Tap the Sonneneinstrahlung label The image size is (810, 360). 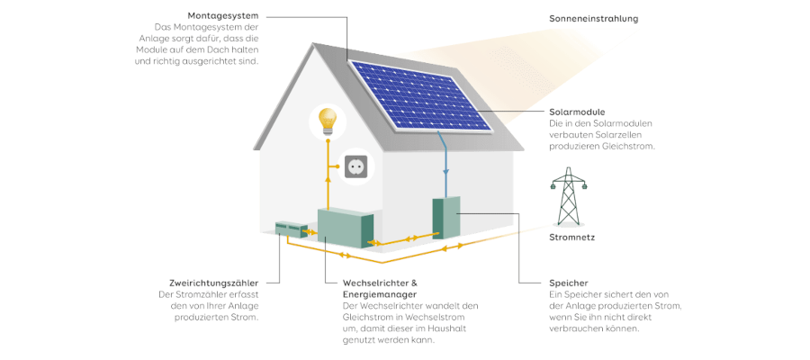point(594,19)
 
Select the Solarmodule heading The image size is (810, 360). point(576,112)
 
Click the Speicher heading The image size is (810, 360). point(569,283)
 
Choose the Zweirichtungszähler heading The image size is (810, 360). point(214,283)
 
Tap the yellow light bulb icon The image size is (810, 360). point(327,121)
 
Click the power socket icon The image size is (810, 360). point(355,166)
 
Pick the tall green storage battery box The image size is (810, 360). point(445,218)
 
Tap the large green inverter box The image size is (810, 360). point(345,228)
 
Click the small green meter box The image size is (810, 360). point(291,229)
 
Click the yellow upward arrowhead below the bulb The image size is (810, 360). point(327,178)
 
